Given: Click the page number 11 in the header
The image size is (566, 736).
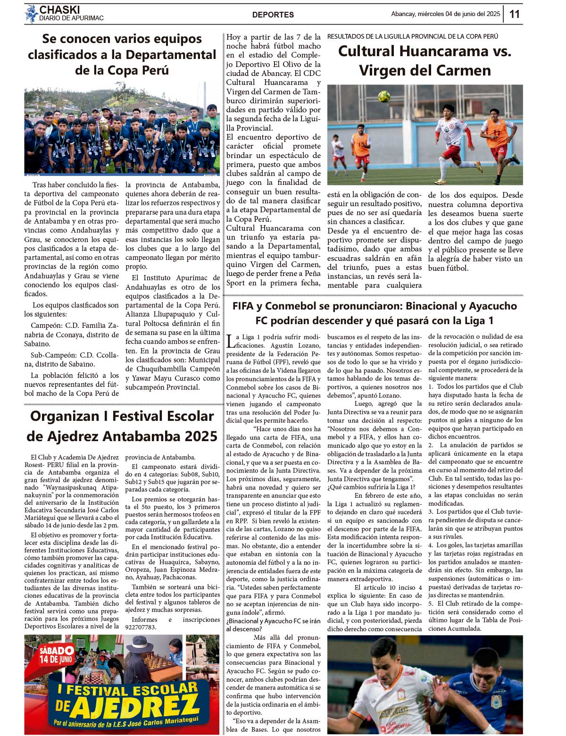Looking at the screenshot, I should tap(514, 14).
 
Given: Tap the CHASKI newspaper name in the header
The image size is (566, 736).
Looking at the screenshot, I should tap(59, 10).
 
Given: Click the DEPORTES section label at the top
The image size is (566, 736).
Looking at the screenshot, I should tap(273, 15).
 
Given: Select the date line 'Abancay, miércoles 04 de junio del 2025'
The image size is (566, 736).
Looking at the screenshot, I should tap(445, 14).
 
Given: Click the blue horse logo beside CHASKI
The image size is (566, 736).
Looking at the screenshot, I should tap(31, 14).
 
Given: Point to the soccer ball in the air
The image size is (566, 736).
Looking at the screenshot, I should tap(384, 96).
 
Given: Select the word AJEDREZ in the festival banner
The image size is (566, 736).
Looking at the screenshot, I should tap(137, 706).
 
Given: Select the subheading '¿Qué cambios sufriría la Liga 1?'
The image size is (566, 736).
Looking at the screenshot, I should tap(371, 487).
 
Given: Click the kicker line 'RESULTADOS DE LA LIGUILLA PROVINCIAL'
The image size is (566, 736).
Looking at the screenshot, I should tap(412, 36).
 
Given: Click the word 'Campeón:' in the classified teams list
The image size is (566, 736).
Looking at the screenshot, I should tap(46, 326).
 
